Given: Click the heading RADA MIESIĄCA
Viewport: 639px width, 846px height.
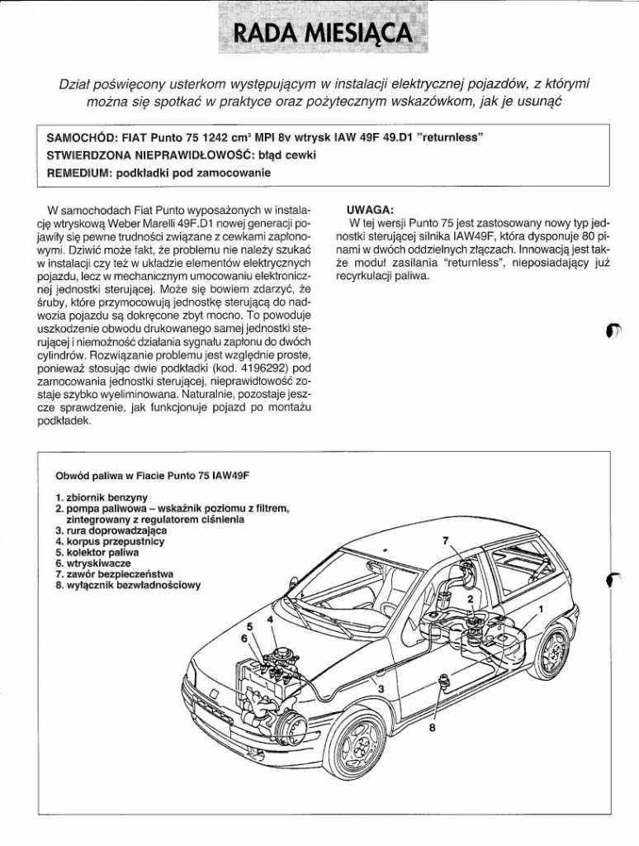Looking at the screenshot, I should tap(322, 32).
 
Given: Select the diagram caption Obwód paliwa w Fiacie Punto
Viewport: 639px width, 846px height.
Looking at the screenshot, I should tap(152, 477).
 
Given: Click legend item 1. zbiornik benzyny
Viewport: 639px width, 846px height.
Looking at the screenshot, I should tap(102, 498).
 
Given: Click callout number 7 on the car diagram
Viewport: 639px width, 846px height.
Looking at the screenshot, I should tap(446, 540).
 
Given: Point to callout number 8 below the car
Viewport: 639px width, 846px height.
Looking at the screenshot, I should tap(432, 729).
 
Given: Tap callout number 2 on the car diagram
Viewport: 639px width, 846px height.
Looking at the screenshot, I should tap(470, 599).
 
